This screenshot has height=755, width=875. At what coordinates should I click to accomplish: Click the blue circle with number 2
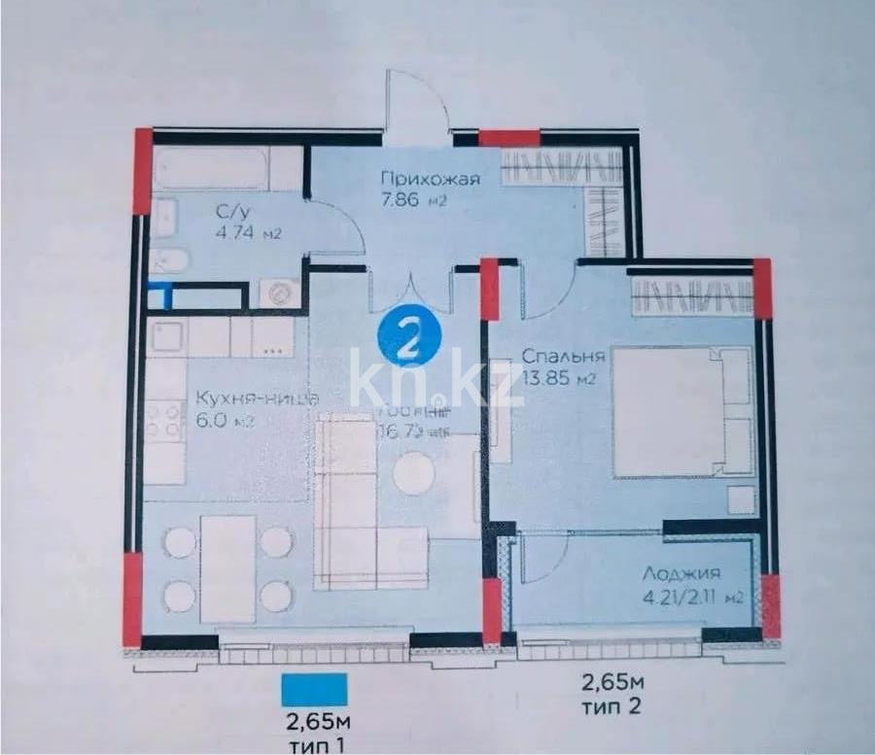click(409, 337)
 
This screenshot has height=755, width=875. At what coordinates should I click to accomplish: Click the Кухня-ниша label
click(256, 399)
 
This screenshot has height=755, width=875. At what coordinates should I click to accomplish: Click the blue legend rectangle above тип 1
click(315, 690)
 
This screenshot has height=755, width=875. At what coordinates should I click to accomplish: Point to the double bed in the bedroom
click(681, 412)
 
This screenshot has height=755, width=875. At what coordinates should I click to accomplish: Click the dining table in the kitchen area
click(228, 568)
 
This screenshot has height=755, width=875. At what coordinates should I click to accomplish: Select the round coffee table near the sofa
click(414, 473)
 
